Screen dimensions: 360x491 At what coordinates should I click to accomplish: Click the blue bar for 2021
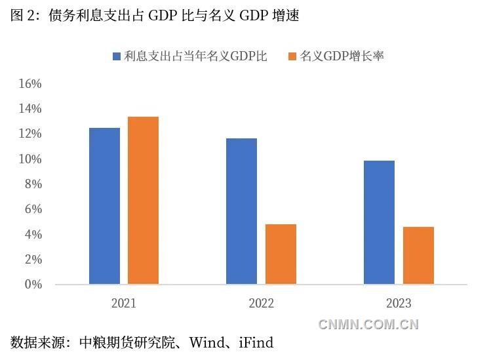click(104, 206)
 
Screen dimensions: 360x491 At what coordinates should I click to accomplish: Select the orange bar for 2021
click(143, 201)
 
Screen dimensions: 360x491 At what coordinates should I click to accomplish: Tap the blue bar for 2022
click(241, 211)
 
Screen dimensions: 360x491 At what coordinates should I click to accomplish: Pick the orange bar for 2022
click(281, 254)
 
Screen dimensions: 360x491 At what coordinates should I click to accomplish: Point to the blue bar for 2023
click(379, 222)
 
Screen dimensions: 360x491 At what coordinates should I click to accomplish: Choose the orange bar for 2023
click(418, 256)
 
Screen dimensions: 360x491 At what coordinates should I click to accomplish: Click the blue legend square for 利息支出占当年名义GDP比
click(116, 56)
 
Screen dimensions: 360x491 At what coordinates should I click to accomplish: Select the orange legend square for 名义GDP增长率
click(292, 56)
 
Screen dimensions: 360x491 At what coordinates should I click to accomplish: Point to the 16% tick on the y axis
click(30, 84)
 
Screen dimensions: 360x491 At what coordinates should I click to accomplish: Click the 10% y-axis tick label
click(30, 159)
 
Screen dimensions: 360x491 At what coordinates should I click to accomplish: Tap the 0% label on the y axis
click(33, 285)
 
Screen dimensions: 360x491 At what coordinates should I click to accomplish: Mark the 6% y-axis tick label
click(33, 209)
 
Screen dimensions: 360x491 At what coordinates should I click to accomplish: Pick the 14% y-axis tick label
click(30, 109)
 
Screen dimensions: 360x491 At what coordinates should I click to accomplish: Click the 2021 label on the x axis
click(124, 303)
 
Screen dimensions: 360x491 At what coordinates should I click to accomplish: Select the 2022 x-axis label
click(261, 303)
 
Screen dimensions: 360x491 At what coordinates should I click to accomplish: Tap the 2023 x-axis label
click(399, 303)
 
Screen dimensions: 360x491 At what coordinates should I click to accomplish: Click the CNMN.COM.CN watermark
click(368, 324)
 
